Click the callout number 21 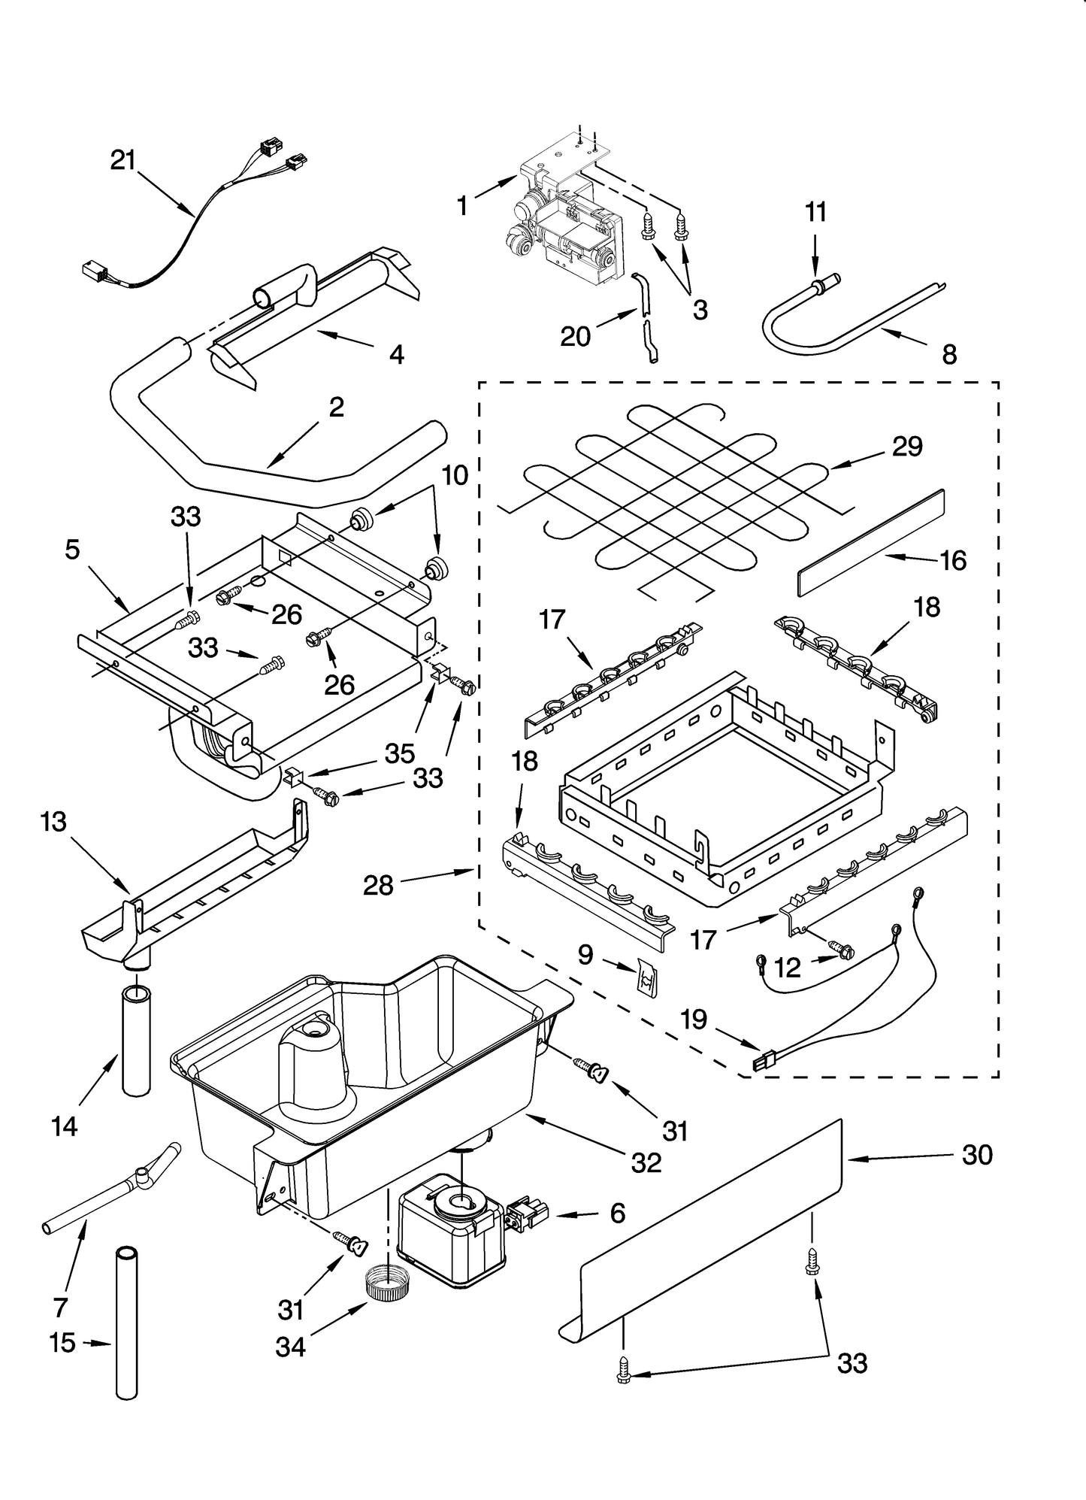(x=123, y=160)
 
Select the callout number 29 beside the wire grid (x=907, y=447)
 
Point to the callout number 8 (x=949, y=355)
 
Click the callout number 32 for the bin (x=646, y=1163)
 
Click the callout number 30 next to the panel (x=977, y=1155)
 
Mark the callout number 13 (x=54, y=823)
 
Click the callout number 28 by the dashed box (x=378, y=886)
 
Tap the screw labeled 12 (x=842, y=951)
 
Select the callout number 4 (x=396, y=354)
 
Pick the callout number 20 (x=576, y=336)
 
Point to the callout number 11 (x=815, y=212)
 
